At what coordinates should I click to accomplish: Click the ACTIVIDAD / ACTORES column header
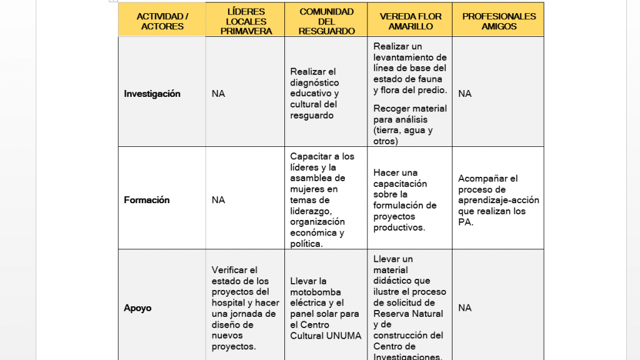tap(162, 21)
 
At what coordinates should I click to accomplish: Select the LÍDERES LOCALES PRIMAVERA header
tap(246, 21)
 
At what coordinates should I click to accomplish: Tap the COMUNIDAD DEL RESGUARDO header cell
tap(326, 21)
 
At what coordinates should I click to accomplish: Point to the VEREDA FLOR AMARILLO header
tap(410, 21)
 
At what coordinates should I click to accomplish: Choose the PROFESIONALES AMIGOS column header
tap(499, 21)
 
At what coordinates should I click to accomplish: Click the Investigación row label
tap(152, 94)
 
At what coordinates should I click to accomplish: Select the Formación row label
tap(147, 200)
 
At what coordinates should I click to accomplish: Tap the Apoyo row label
tap(137, 308)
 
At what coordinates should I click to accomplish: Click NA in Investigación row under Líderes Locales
tap(218, 94)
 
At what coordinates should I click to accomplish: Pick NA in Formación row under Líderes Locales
tap(218, 200)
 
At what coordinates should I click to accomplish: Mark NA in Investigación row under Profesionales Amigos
tap(465, 94)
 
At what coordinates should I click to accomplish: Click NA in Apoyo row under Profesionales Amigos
tap(465, 308)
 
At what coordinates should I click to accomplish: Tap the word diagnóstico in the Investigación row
tap(314, 82)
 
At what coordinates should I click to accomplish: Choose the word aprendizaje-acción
tap(498, 200)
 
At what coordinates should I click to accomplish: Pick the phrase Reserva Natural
tap(408, 314)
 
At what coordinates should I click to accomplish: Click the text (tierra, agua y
tap(403, 130)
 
